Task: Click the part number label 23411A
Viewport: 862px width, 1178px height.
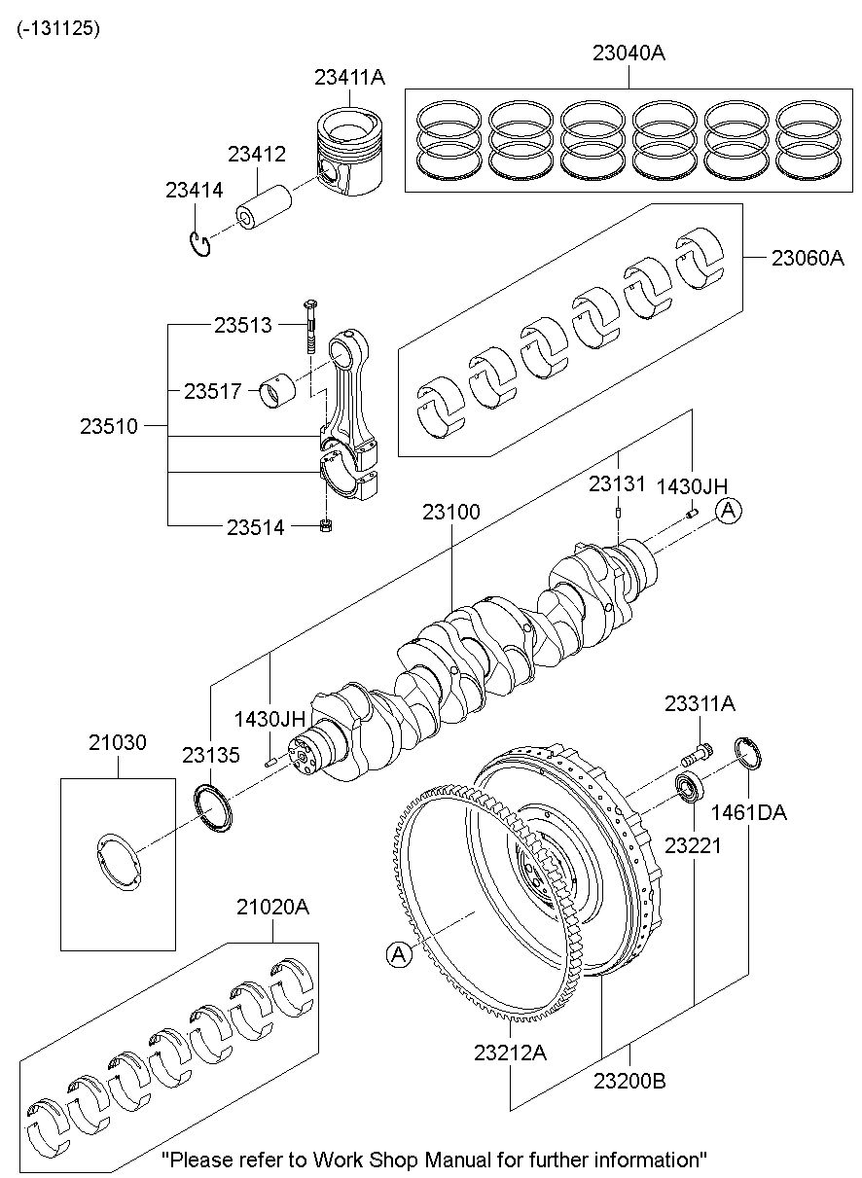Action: tap(349, 78)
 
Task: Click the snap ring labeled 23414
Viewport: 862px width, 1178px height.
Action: tap(200, 244)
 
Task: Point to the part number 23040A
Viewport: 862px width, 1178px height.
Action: tap(629, 54)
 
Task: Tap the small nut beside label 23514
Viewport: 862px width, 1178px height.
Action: tap(328, 527)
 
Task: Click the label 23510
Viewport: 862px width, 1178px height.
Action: tap(109, 426)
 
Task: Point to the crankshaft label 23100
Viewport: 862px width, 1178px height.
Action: tap(450, 511)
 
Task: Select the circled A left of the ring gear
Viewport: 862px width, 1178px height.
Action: tap(397, 955)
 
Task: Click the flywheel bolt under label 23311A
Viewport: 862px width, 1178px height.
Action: tap(698, 753)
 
